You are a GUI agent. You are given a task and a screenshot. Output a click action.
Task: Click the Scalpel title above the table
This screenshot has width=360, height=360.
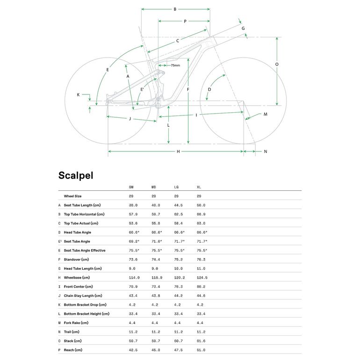coord(76,175)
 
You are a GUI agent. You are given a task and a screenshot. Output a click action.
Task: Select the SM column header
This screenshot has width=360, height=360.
coord(131,187)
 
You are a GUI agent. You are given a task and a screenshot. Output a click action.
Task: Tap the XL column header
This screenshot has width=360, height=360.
coord(199,187)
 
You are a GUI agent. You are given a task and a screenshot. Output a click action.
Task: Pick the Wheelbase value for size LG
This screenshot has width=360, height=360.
coord(179,278)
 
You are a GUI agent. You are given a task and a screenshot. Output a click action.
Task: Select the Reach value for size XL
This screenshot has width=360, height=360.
coord(201,350)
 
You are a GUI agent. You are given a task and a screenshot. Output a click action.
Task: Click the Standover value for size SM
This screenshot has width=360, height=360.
coord(133,259)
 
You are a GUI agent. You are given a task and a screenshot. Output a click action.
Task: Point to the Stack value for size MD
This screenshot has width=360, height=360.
coord(156,341)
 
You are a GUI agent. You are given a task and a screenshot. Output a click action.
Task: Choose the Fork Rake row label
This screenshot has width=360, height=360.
coord(76,323)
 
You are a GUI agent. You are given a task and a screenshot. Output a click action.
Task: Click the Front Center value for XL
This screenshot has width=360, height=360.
coord(201,287)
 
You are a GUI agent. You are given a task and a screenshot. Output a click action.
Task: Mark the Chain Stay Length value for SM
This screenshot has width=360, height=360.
coord(133,295)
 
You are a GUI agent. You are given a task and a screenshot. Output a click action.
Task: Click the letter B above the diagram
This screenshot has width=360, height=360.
coord(175,9)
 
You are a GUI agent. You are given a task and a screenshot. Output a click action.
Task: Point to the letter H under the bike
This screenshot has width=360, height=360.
coord(178,151)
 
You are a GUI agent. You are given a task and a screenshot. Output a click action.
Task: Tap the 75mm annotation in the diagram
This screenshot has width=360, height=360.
coord(175,65)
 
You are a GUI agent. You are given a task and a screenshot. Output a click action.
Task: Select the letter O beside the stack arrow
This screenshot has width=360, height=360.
coord(277,65)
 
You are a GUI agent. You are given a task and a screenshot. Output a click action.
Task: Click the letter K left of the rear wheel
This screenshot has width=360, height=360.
coord(78,95)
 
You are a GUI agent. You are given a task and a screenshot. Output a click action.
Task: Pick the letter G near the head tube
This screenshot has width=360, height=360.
coord(243,29)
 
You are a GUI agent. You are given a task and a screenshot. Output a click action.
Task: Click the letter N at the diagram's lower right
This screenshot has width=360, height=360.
coord(265,151)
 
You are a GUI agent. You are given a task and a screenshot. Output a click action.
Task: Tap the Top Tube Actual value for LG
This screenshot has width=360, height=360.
coord(179,223)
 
